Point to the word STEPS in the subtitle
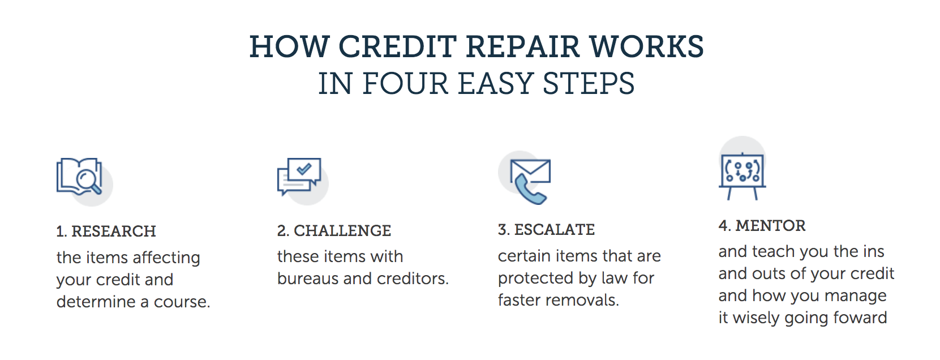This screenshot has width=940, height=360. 589,84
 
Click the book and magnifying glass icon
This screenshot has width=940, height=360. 81,178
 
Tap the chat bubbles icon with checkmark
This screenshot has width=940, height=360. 300,177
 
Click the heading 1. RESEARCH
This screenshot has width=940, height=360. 106,231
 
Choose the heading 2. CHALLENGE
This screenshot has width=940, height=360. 334,230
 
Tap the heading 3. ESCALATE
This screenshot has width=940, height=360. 546,229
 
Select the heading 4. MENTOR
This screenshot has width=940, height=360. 762,225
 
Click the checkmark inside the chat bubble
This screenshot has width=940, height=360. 304,168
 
